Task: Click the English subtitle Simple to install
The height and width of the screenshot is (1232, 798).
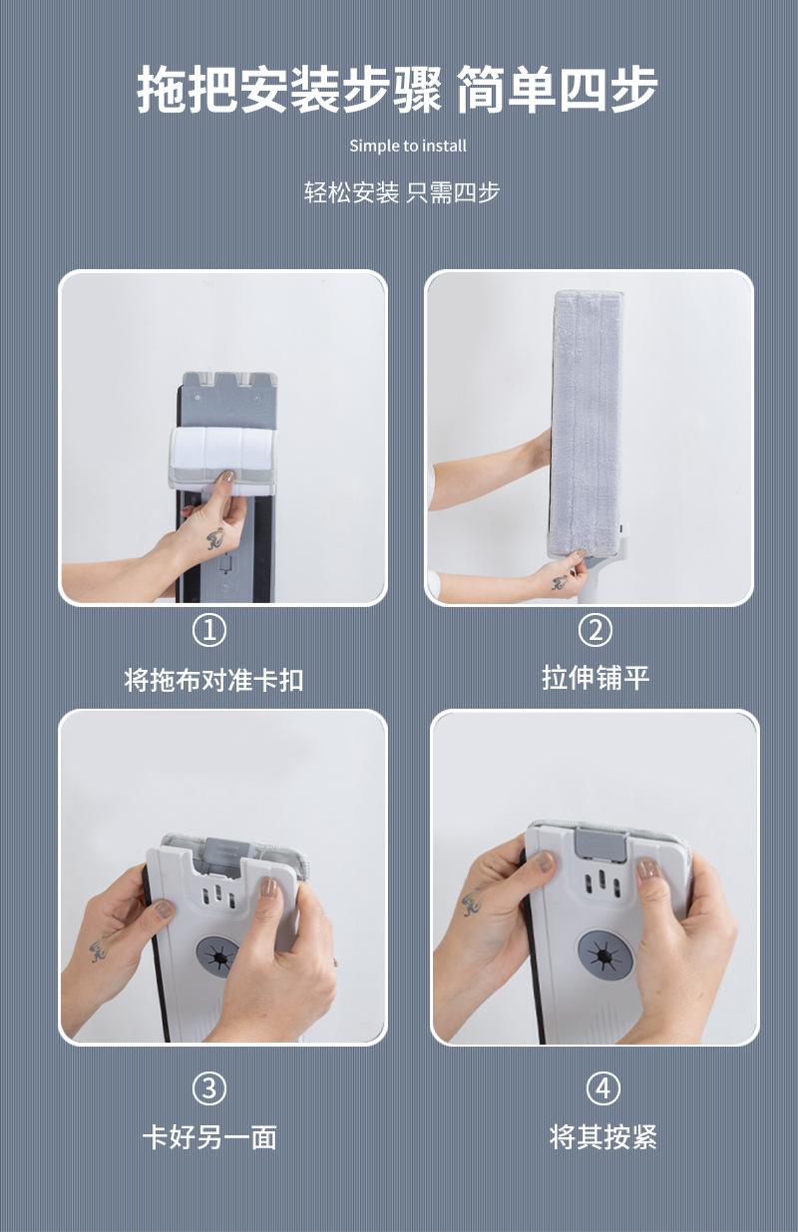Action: (x=408, y=146)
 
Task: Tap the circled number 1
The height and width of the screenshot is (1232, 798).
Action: (x=209, y=630)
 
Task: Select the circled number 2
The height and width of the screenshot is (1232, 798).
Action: (x=596, y=630)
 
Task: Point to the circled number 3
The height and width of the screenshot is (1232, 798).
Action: (x=209, y=1088)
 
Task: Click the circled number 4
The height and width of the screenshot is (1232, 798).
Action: (x=603, y=1088)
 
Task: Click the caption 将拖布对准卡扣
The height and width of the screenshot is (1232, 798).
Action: (x=213, y=680)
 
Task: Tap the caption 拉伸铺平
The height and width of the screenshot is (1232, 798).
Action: (x=596, y=677)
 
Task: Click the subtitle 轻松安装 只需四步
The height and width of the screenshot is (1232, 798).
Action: (x=402, y=192)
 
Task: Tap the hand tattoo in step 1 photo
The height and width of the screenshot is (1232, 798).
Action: (x=215, y=538)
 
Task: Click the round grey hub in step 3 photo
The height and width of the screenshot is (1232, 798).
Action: (x=218, y=957)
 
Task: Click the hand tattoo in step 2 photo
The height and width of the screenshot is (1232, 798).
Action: (x=561, y=582)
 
